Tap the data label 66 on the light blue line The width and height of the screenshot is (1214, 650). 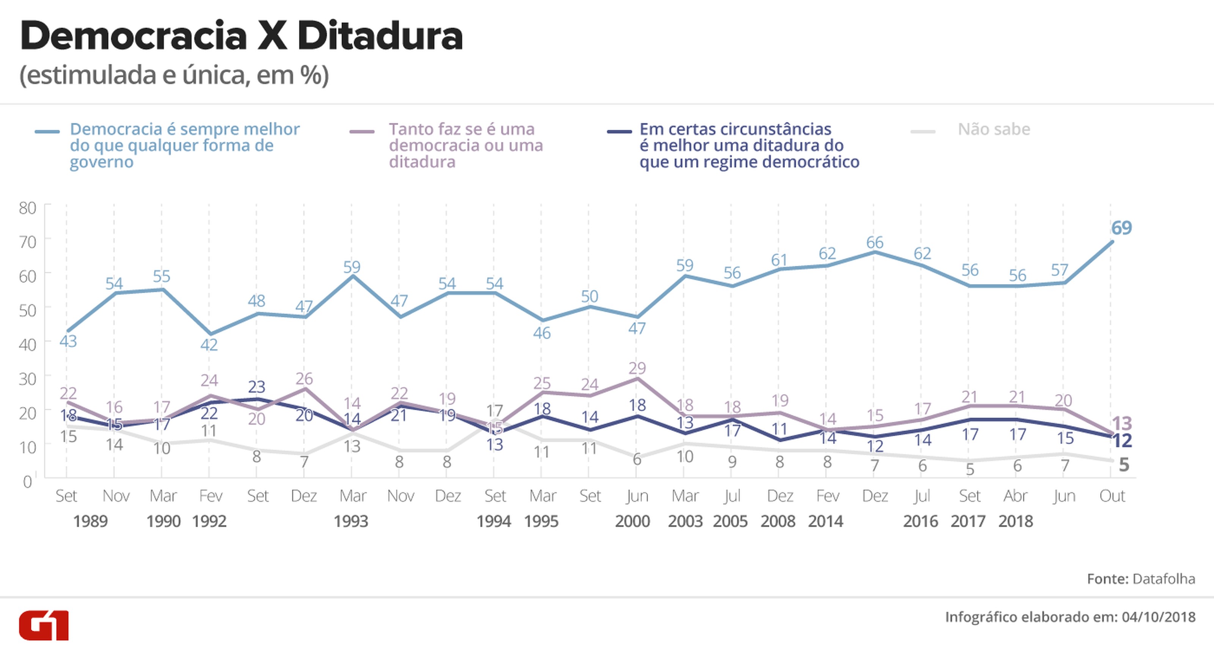[875, 243]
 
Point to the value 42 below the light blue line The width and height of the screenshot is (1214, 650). [209, 345]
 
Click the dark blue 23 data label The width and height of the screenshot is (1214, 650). [257, 387]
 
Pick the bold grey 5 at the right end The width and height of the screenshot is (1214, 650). [1124, 465]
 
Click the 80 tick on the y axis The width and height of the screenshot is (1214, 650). [27, 208]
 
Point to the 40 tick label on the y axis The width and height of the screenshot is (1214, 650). [27, 344]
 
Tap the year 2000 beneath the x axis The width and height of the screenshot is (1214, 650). [632, 521]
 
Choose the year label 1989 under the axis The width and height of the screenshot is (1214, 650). [91, 521]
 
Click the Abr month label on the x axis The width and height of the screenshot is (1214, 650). [1016, 496]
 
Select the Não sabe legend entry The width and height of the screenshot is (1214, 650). [994, 129]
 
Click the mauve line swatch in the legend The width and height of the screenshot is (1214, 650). [362, 132]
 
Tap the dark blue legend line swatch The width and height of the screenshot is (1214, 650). [619, 132]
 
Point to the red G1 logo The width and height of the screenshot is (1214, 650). [44, 625]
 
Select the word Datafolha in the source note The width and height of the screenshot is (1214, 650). [1164, 578]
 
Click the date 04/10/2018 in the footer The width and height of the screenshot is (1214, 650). [1158, 617]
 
